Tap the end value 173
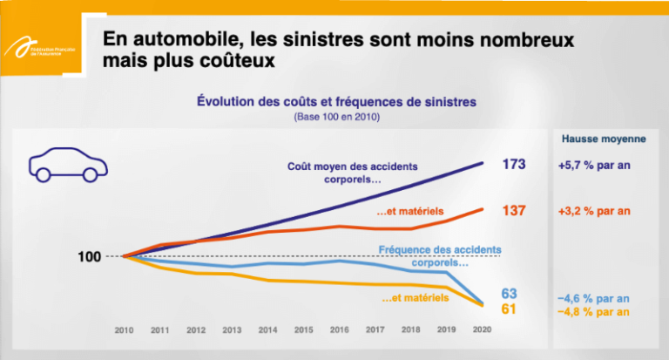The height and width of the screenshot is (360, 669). pos(514,163)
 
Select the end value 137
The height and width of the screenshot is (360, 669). pos(514,210)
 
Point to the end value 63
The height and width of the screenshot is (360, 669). pos(510,293)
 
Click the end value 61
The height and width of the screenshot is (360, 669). pos(510,309)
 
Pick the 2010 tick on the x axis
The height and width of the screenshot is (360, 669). pos(125,330)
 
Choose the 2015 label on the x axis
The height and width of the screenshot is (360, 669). pos(302,330)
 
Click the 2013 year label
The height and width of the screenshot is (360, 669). pos(232,330)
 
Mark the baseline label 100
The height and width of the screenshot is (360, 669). pos(90,256)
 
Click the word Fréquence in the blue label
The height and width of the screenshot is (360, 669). pos(405,250)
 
